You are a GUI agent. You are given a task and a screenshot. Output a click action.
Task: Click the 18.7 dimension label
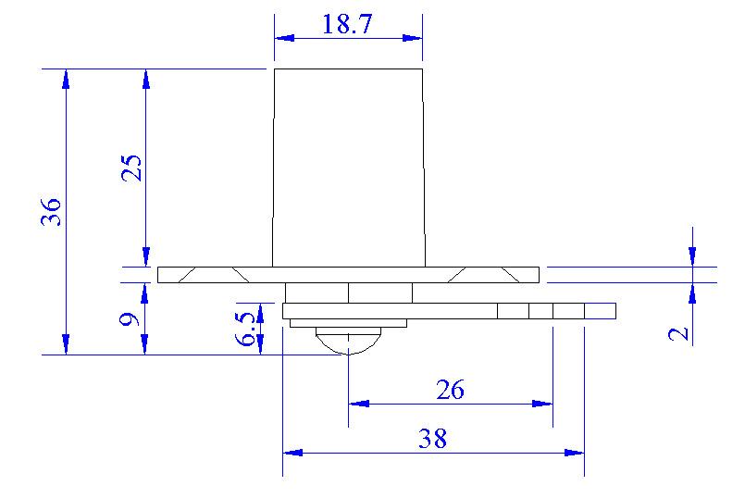(x=347, y=24)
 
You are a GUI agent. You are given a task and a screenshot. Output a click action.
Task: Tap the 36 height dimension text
(x=51, y=211)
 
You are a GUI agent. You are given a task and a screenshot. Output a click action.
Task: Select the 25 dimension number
(x=131, y=168)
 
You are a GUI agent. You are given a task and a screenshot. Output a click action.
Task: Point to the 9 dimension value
(x=130, y=318)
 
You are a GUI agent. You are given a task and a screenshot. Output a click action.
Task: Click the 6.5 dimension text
(x=245, y=329)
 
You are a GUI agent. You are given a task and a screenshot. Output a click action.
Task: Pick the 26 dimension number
(x=451, y=390)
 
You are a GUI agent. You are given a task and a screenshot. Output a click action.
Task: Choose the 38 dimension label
(x=432, y=439)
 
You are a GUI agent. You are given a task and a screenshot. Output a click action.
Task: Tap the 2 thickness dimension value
(x=678, y=333)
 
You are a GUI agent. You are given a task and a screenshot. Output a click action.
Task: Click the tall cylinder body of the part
(x=348, y=168)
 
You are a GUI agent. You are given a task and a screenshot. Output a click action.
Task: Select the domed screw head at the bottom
(x=348, y=341)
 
